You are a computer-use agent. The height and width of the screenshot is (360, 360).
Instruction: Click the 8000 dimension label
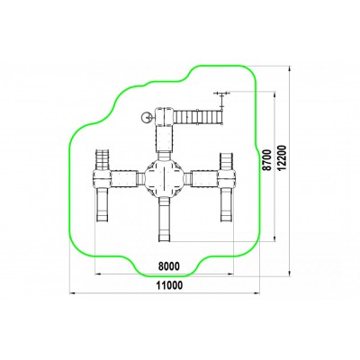(x=169, y=266)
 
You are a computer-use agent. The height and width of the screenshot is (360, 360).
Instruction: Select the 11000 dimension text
(x=169, y=285)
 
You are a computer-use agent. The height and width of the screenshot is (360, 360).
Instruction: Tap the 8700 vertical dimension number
(x=267, y=160)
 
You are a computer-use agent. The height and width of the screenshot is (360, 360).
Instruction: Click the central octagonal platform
(x=165, y=178)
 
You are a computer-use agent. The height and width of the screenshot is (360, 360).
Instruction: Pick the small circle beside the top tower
(x=147, y=117)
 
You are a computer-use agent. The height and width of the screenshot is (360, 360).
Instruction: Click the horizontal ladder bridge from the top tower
(x=199, y=116)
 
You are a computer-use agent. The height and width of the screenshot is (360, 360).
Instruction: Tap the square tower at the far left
(x=102, y=179)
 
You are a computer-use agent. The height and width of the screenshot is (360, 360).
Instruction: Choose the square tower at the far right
(x=227, y=178)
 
